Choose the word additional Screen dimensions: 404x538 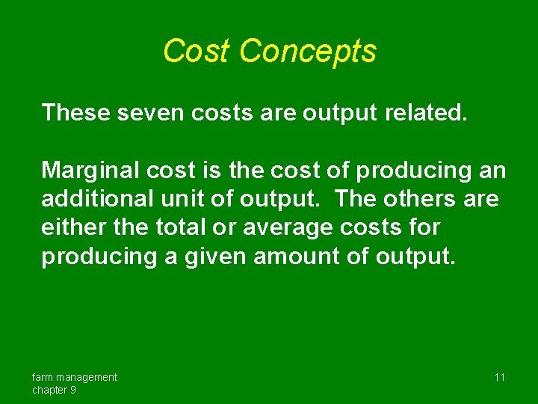[93, 200]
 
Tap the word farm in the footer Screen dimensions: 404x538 [43, 377]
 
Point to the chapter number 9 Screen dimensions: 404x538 [72, 390]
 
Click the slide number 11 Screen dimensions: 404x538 [500, 377]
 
